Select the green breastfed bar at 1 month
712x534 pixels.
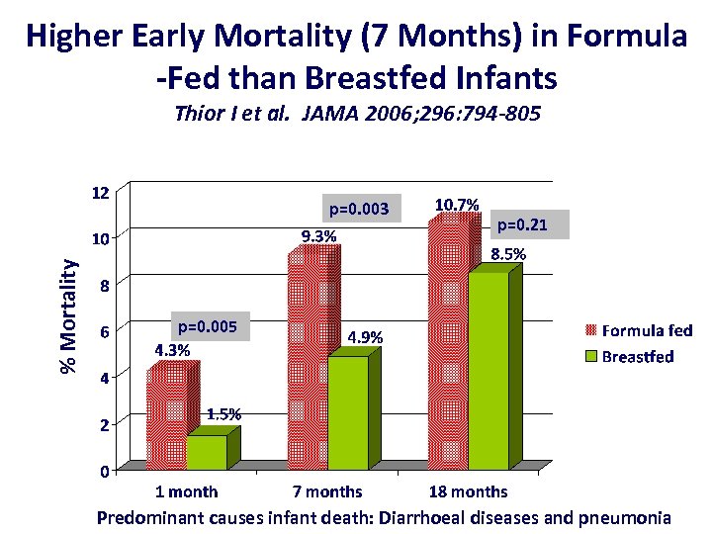[x=206, y=452]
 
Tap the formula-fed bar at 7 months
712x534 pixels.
[x=308, y=362]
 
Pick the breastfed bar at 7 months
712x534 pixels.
[x=347, y=412]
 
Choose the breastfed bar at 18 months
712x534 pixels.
[x=488, y=371]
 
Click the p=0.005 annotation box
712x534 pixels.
[x=209, y=324]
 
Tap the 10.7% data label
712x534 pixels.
[x=457, y=205]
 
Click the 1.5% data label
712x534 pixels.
[x=222, y=414]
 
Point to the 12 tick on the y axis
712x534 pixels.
[x=100, y=191]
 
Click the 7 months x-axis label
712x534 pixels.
[x=327, y=491]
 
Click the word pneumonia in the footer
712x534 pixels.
[x=625, y=516]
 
